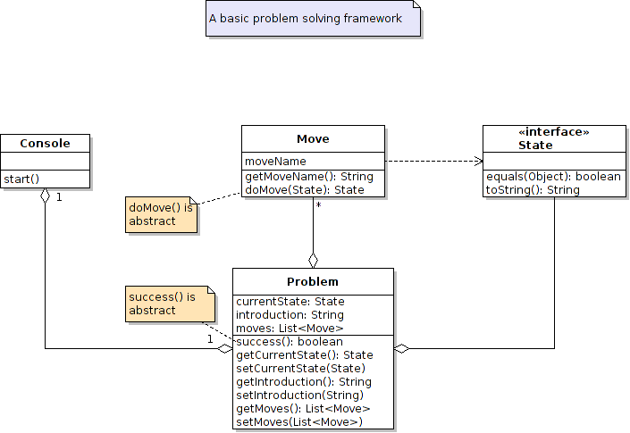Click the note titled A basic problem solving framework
coord(305,18)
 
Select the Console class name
coord(45,144)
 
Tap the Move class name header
coord(313,138)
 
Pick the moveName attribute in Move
coord(275,162)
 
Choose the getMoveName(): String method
coord(308,177)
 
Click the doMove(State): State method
coord(305,189)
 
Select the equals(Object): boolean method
coord(553,177)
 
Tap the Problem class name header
coord(313,281)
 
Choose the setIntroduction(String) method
coord(299,395)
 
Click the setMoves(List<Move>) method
coord(298,421)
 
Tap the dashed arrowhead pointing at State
coord(478,162)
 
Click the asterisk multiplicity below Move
coord(318,205)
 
